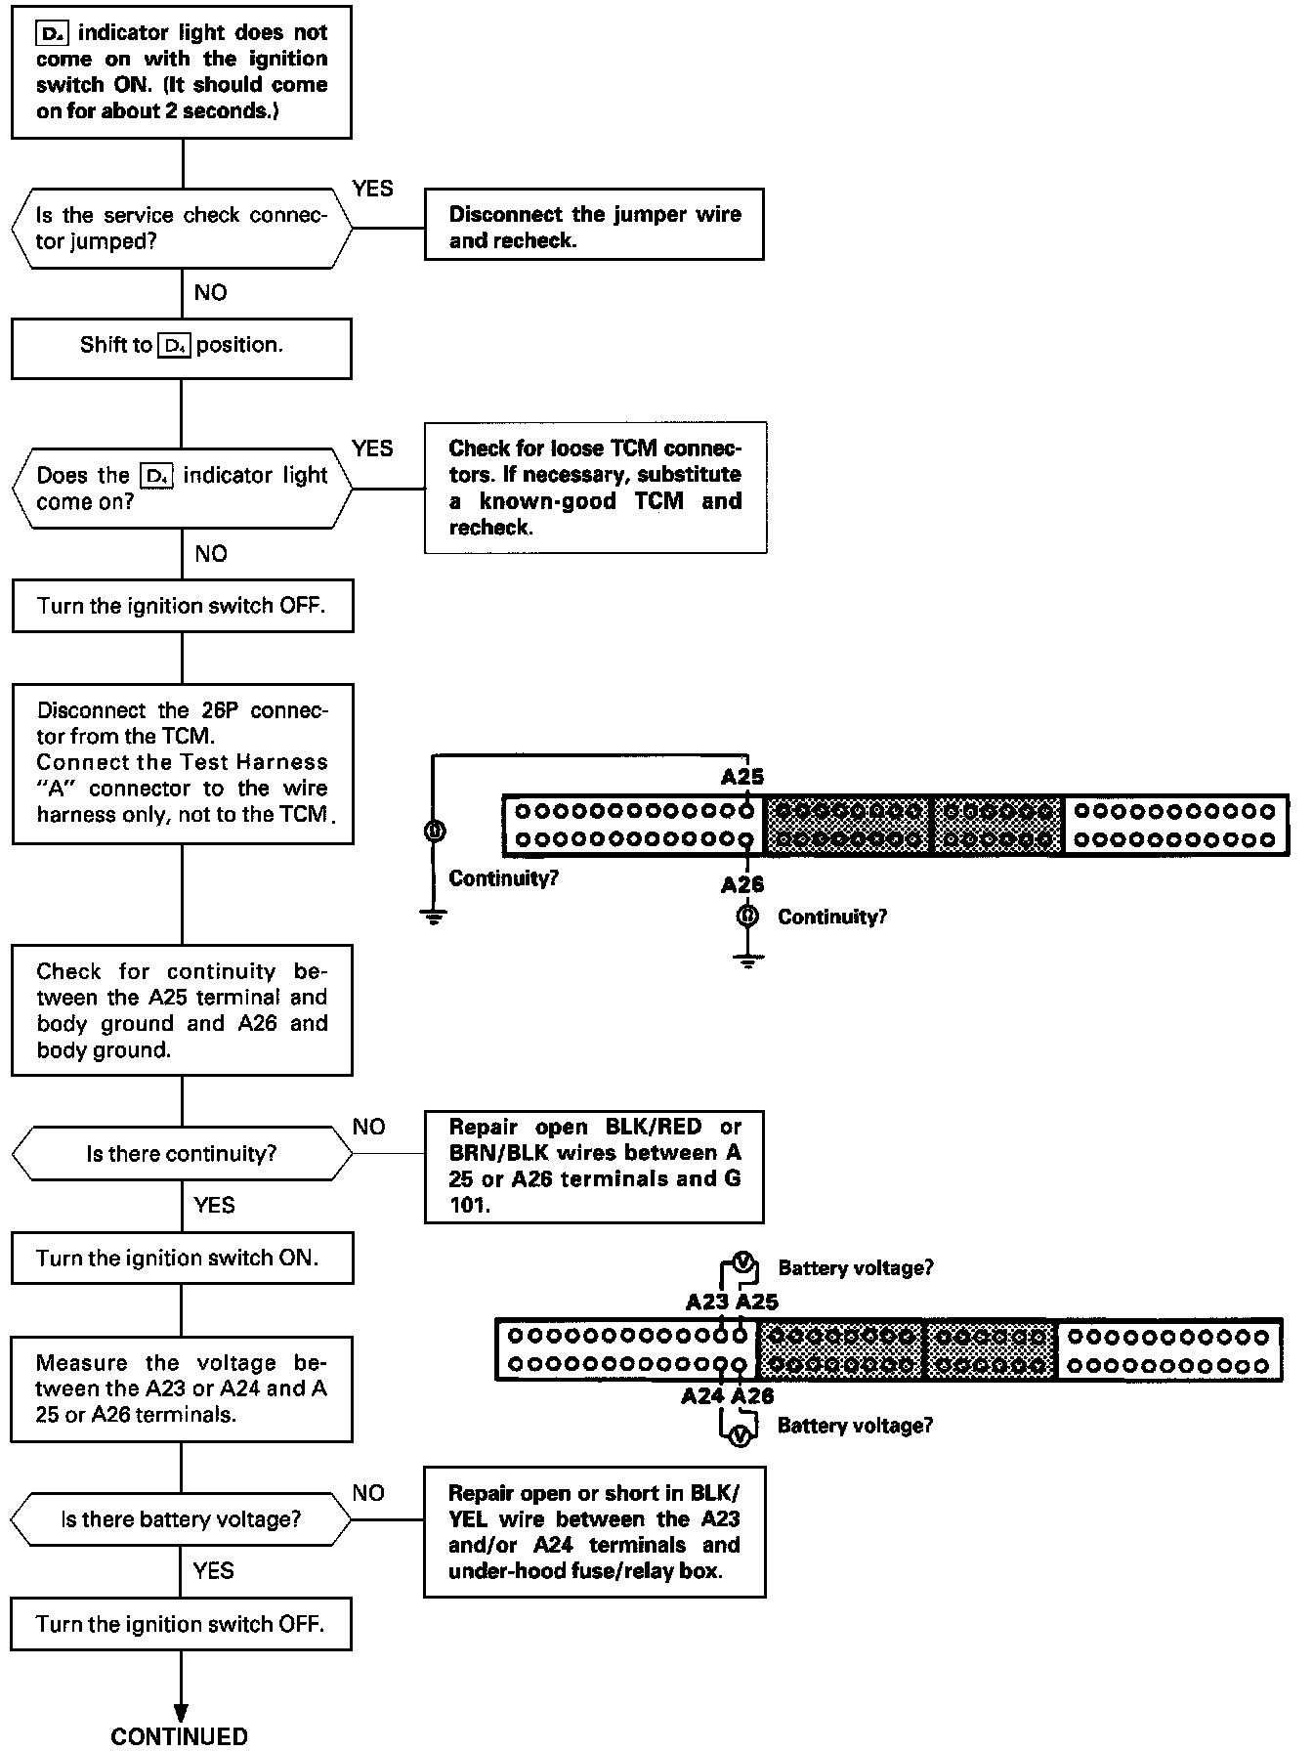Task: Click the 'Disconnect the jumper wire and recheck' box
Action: click(x=594, y=226)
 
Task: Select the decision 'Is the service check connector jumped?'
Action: click(x=182, y=228)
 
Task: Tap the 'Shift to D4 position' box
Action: click(x=182, y=346)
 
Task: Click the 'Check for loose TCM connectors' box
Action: click(x=595, y=488)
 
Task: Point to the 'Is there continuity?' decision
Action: click(x=182, y=1154)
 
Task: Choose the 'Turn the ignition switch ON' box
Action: click(x=182, y=1259)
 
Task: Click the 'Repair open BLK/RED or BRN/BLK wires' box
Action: click(x=594, y=1167)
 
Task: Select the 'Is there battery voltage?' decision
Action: click(x=182, y=1519)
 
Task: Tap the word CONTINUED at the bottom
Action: click(x=180, y=1735)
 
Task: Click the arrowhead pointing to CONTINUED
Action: click(x=181, y=1711)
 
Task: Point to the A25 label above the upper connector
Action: click(x=742, y=777)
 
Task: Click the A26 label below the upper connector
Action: click(x=742, y=884)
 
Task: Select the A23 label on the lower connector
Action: click(x=707, y=1302)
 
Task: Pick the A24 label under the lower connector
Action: click(x=703, y=1396)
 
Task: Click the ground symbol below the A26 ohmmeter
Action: click(x=747, y=961)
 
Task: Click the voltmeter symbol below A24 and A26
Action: click(x=742, y=1434)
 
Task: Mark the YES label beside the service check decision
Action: click(x=372, y=189)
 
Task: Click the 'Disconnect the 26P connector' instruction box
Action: click(x=182, y=763)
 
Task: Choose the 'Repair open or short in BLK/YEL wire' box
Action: click(x=594, y=1532)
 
